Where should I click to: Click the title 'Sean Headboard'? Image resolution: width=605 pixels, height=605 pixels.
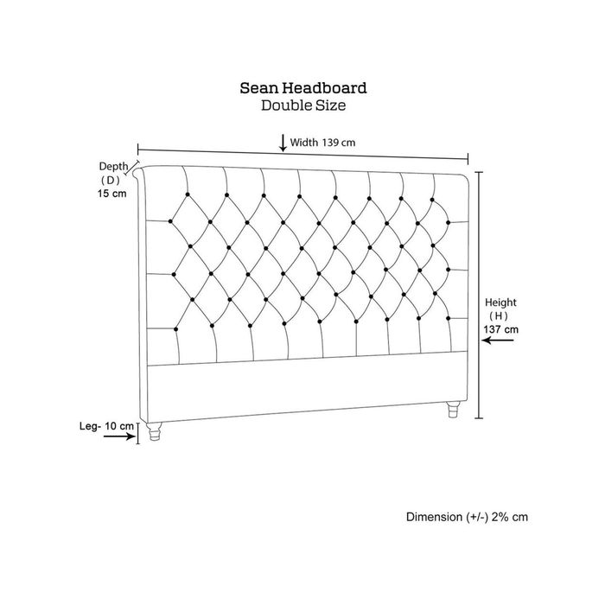click(302, 88)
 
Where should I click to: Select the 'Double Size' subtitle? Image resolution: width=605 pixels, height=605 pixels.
click(303, 105)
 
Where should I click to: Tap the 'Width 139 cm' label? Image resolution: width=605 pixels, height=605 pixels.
click(322, 143)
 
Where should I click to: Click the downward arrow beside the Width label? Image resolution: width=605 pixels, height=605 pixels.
click(283, 143)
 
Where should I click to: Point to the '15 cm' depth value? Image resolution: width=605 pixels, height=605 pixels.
click(111, 194)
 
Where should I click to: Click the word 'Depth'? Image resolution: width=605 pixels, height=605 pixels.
click(113, 167)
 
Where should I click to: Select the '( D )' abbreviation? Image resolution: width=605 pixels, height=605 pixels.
click(111, 180)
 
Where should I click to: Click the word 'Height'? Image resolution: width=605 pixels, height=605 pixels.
click(500, 302)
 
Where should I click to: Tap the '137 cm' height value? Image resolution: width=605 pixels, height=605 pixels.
click(500, 329)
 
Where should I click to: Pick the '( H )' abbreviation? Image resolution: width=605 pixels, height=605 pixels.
click(499, 316)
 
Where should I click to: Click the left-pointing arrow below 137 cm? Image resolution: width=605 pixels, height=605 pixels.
click(498, 341)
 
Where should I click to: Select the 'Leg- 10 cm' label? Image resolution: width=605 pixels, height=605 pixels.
click(106, 426)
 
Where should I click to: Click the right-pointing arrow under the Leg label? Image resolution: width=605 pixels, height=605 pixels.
click(119, 436)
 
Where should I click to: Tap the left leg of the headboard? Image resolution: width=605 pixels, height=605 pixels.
click(155, 431)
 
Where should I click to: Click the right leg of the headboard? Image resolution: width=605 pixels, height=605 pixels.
click(454, 410)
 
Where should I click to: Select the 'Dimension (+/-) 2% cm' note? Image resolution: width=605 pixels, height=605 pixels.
click(467, 517)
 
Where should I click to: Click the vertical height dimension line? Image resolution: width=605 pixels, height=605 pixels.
click(479, 296)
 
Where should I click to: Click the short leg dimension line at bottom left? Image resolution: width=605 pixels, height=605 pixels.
click(137, 433)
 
